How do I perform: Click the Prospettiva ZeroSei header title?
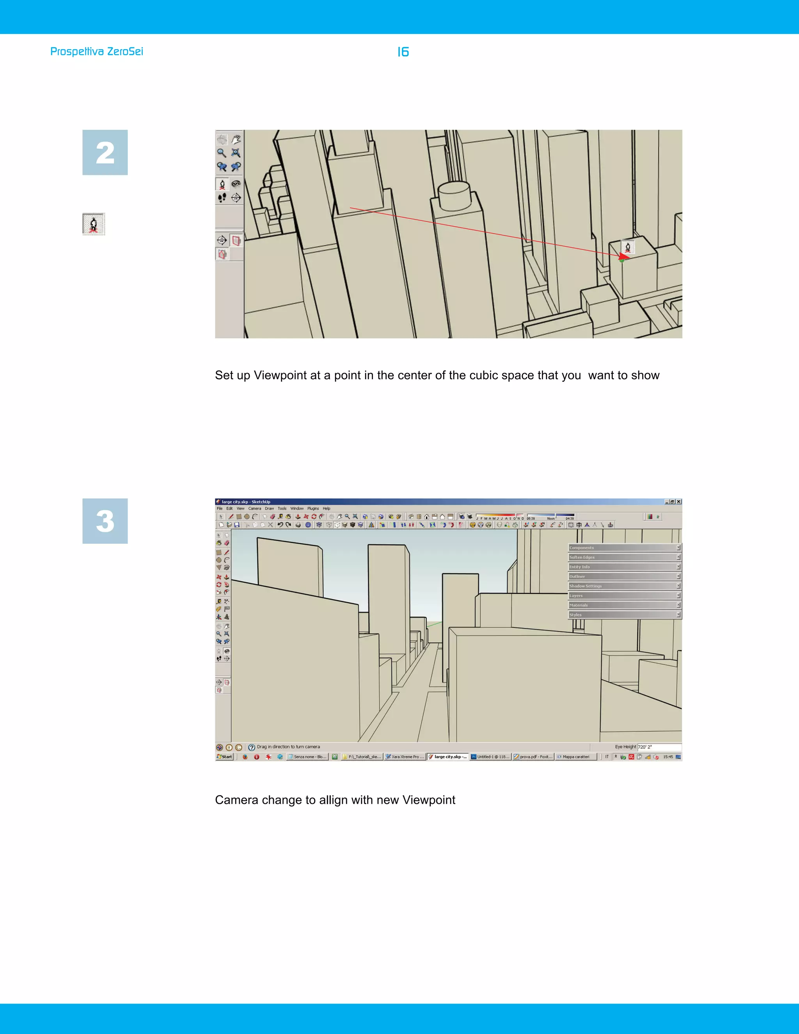click(97, 52)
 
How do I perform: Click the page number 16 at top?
click(403, 52)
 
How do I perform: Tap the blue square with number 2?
click(105, 153)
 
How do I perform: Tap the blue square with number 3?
click(105, 521)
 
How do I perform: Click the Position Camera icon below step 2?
click(94, 224)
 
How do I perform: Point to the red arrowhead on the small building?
click(623, 257)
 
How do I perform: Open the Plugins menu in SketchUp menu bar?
click(313, 508)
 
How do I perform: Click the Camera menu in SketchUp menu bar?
click(255, 508)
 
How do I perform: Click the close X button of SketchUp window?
click(679, 501)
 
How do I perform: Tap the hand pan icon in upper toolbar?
click(236, 139)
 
